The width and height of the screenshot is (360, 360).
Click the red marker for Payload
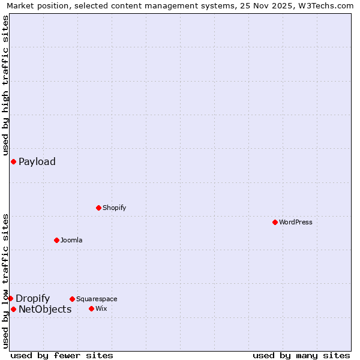pos(13,161)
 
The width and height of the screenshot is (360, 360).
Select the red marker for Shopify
pos(98,208)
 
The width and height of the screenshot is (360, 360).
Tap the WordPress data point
pos(275,222)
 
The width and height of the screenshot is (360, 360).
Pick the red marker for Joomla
pos(56,240)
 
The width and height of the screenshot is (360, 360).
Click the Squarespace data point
pos(72,299)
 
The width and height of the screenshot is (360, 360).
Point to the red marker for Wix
pos(91,308)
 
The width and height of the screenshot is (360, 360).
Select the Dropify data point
pos(10,298)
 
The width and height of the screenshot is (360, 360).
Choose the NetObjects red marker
pos(13,309)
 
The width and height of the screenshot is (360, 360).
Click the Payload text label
pos(37,161)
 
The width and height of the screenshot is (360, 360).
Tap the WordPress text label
pos(296,222)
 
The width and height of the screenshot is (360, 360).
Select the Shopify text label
pos(114,208)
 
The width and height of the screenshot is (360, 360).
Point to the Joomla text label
pos(71,240)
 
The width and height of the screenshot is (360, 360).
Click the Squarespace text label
pos(97,299)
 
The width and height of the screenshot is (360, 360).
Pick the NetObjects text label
pos(45,310)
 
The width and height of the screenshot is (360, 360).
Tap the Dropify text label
pos(32,299)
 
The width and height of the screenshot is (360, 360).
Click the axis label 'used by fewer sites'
pos(62,355)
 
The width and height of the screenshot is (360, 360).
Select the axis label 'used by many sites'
pos(301,355)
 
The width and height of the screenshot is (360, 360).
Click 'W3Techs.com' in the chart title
pos(326,5)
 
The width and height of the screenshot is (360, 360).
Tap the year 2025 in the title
pos(275,5)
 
